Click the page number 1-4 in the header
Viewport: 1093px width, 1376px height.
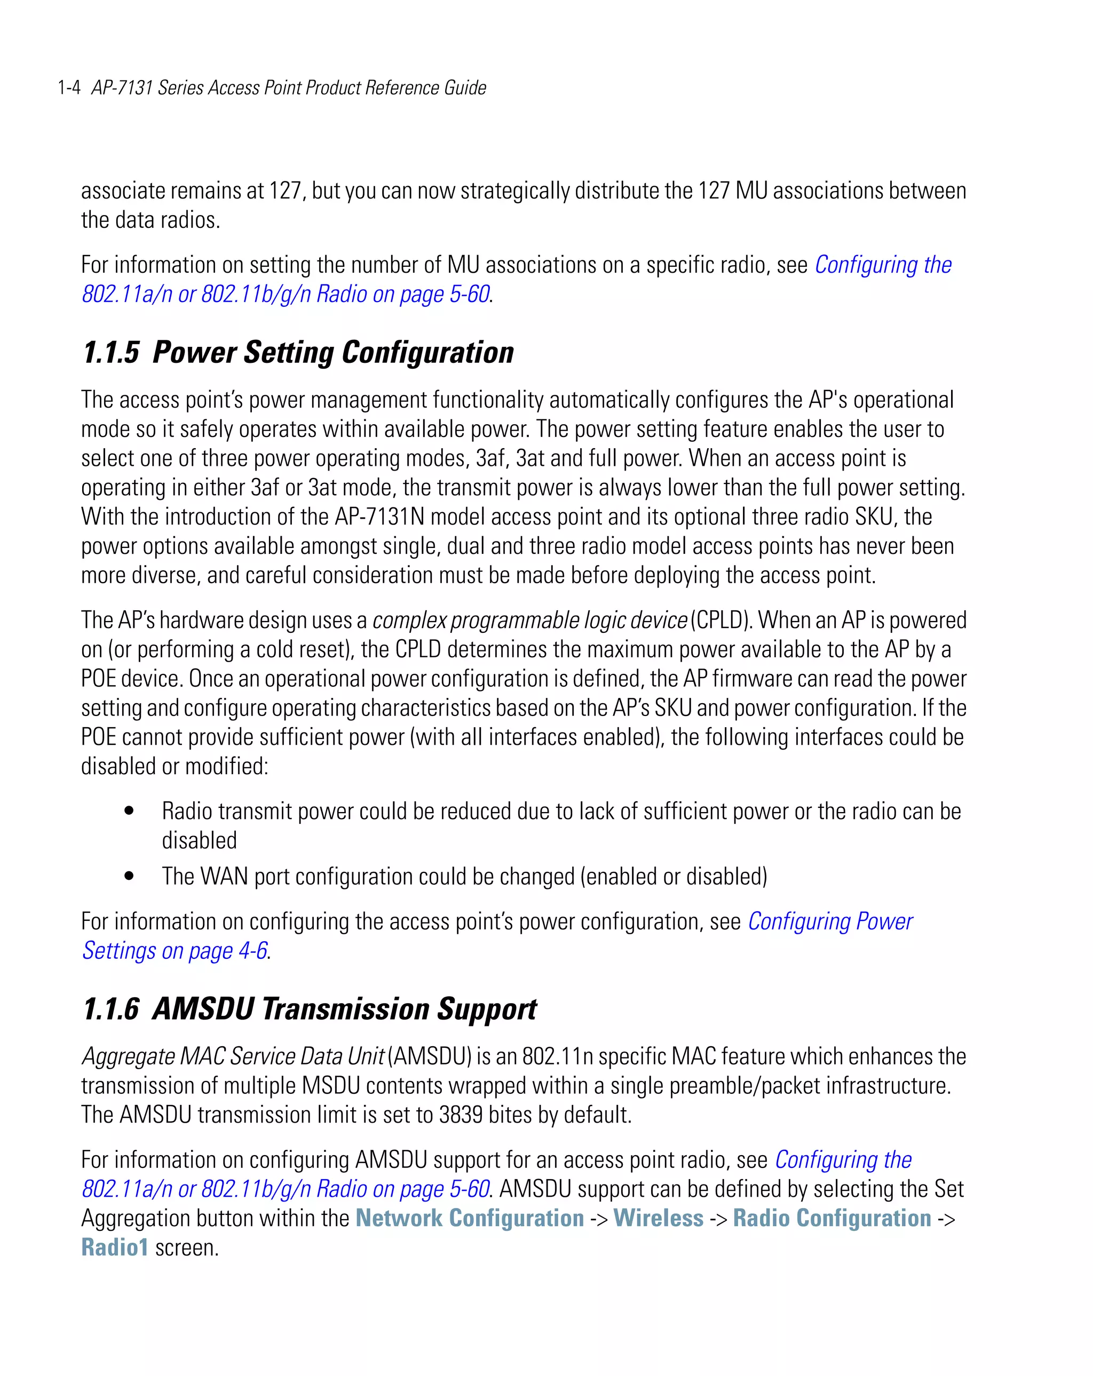point(69,88)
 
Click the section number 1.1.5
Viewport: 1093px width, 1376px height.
point(110,353)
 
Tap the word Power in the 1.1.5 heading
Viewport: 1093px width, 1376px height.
point(195,353)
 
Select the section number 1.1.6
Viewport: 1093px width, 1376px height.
point(110,1009)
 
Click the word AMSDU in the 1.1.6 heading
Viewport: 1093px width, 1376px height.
point(203,1009)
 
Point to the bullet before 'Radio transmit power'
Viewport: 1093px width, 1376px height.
point(130,810)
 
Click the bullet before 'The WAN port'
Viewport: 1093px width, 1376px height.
point(130,876)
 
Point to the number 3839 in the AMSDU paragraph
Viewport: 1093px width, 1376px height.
point(461,1115)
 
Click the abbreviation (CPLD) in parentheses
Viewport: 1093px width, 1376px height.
point(722,620)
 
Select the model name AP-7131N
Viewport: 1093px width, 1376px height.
point(379,516)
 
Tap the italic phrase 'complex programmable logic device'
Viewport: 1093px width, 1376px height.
point(529,620)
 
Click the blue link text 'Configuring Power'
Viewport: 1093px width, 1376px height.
point(830,921)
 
